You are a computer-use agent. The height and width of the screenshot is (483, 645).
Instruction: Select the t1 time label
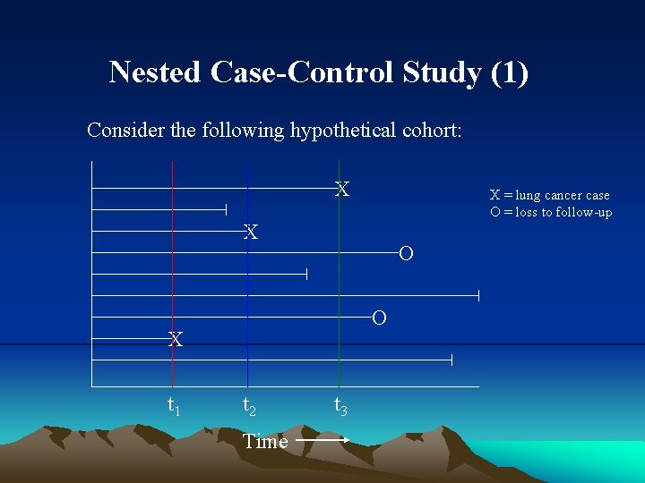click(x=175, y=406)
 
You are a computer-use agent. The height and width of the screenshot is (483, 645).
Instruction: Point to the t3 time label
click(x=341, y=406)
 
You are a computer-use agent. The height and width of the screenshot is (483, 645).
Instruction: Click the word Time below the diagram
click(x=265, y=441)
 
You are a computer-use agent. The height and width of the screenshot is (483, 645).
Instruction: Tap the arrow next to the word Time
click(x=322, y=441)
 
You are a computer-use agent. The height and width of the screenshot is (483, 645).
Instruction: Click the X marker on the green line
click(x=341, y=190)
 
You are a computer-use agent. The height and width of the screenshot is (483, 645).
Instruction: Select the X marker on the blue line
click(x=252, y=233)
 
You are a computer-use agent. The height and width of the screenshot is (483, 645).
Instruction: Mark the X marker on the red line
click(x=176, y=340)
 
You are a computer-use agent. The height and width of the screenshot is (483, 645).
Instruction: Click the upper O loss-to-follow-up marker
click(x=406, y=254)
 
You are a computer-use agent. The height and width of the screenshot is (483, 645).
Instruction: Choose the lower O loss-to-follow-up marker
click(x=379, y=318)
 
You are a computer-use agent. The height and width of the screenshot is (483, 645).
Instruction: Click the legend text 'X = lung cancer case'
click(x=549, y=195)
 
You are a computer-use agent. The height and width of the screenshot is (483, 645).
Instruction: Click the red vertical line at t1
click(x=173, y=268)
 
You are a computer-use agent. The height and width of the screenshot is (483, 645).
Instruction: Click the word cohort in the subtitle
click(x=431, y=131)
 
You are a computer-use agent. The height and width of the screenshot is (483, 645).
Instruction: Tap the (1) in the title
click(x=509, y=72)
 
